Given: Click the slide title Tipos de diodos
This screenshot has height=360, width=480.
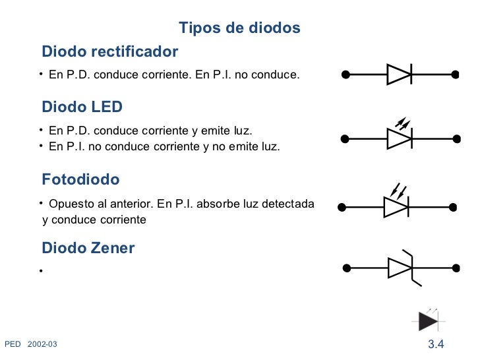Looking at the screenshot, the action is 239,28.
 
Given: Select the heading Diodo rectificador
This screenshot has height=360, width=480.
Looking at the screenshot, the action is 110,51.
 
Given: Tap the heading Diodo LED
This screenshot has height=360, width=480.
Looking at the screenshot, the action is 82,107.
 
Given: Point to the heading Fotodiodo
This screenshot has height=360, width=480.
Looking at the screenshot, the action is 81,179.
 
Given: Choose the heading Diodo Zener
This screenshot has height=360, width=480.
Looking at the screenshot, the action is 88,248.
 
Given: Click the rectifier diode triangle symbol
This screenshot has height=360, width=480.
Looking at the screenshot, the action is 399,74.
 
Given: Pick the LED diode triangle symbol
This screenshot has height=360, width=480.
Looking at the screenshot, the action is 399,138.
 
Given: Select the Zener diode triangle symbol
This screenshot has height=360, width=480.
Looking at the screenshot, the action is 400,268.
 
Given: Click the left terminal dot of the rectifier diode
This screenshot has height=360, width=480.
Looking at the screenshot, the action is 345,74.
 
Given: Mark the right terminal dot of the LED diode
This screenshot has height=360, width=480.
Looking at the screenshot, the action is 455,138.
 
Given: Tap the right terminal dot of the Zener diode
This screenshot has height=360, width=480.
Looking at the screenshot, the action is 455,268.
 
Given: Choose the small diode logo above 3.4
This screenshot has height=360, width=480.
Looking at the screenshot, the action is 429,320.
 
